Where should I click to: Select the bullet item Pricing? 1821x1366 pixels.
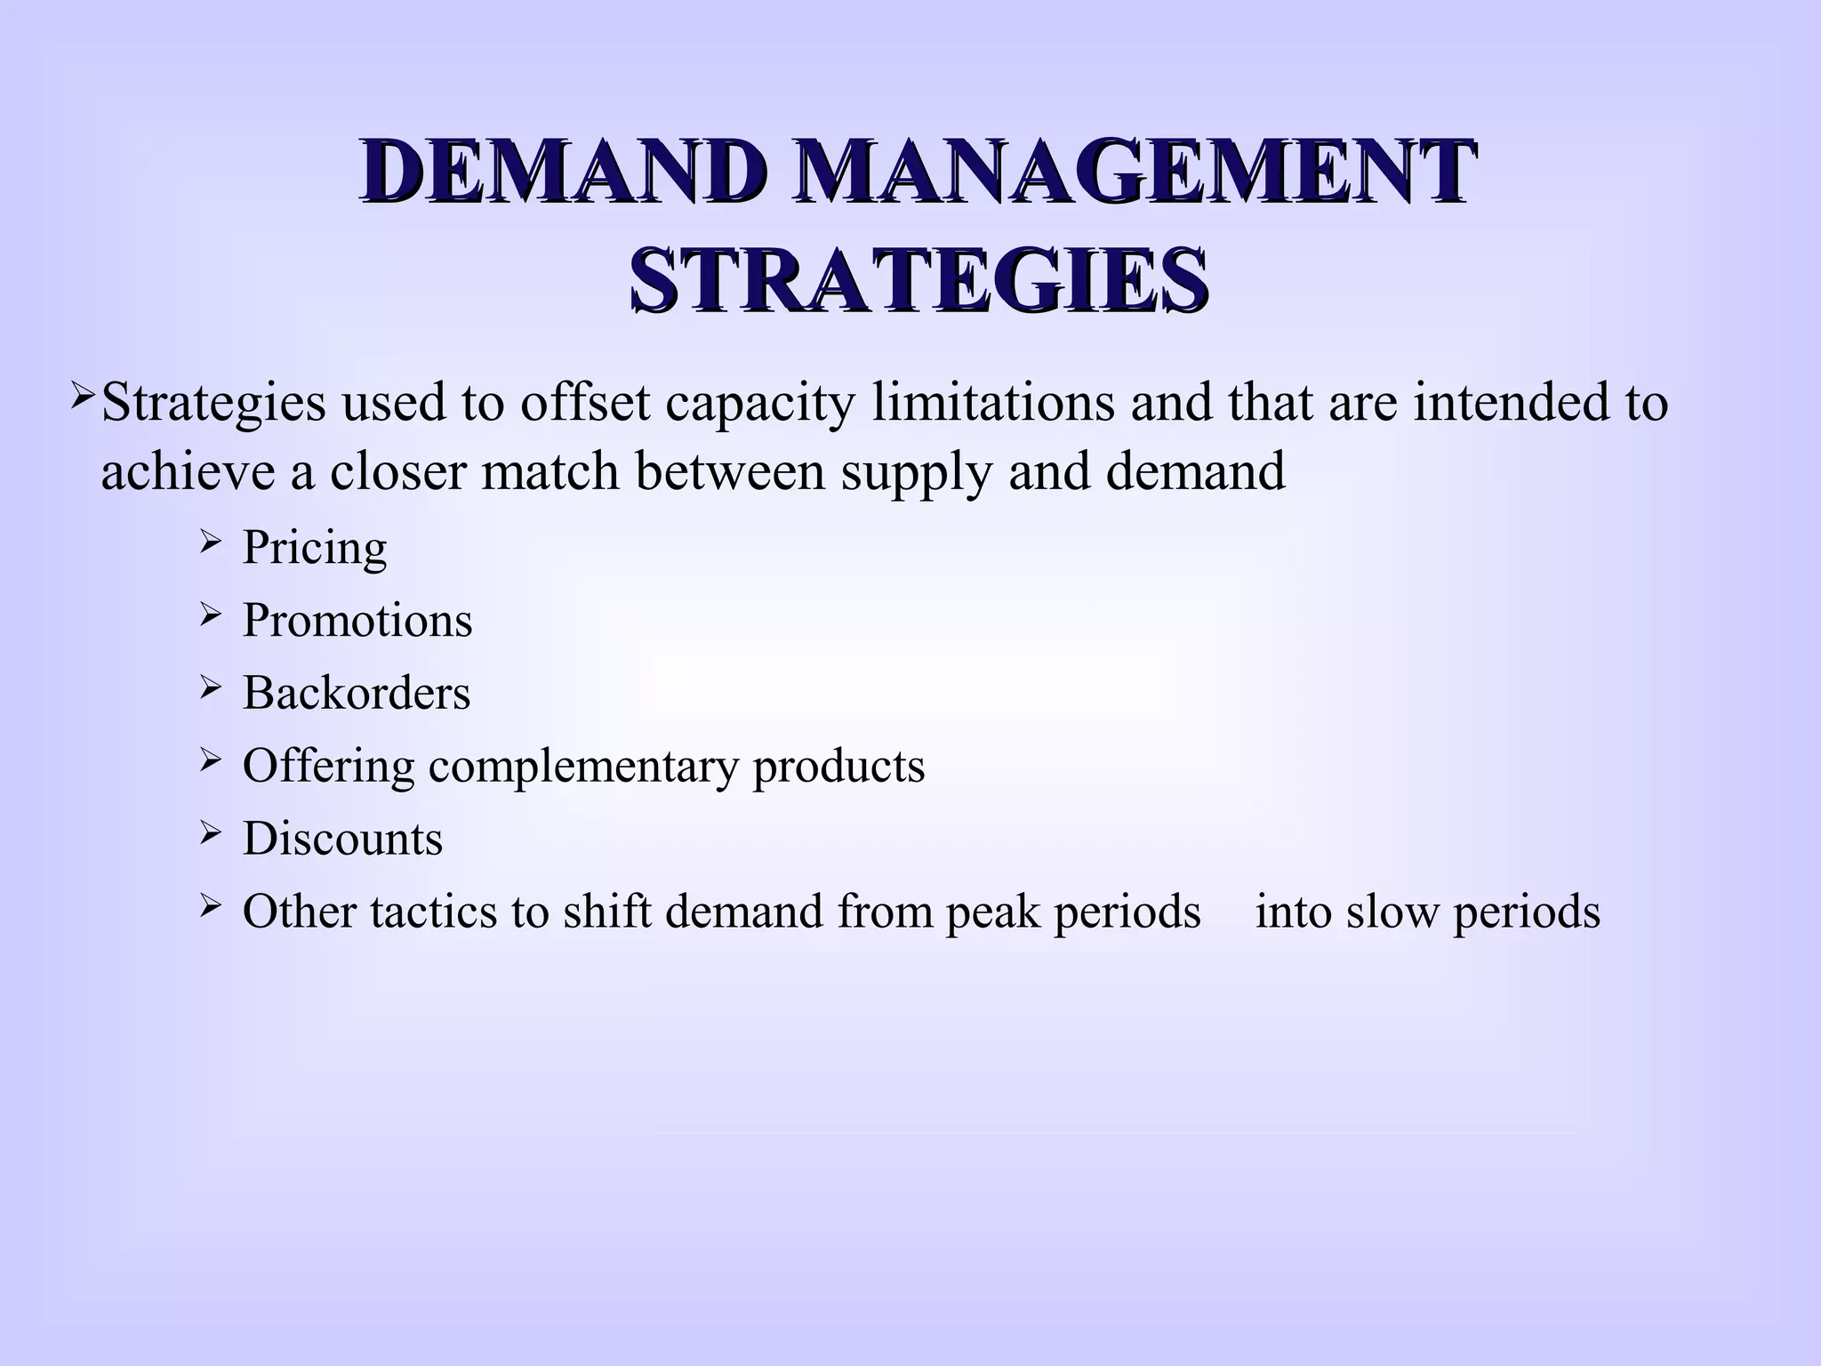click(315, 547)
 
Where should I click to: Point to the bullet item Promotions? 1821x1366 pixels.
click(357, 620)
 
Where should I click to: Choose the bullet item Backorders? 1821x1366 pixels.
click(357, 693)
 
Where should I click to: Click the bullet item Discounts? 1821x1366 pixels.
click(342, 839)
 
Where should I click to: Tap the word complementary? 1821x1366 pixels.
click(583, 767)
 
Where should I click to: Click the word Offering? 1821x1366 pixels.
click(328, 767)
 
